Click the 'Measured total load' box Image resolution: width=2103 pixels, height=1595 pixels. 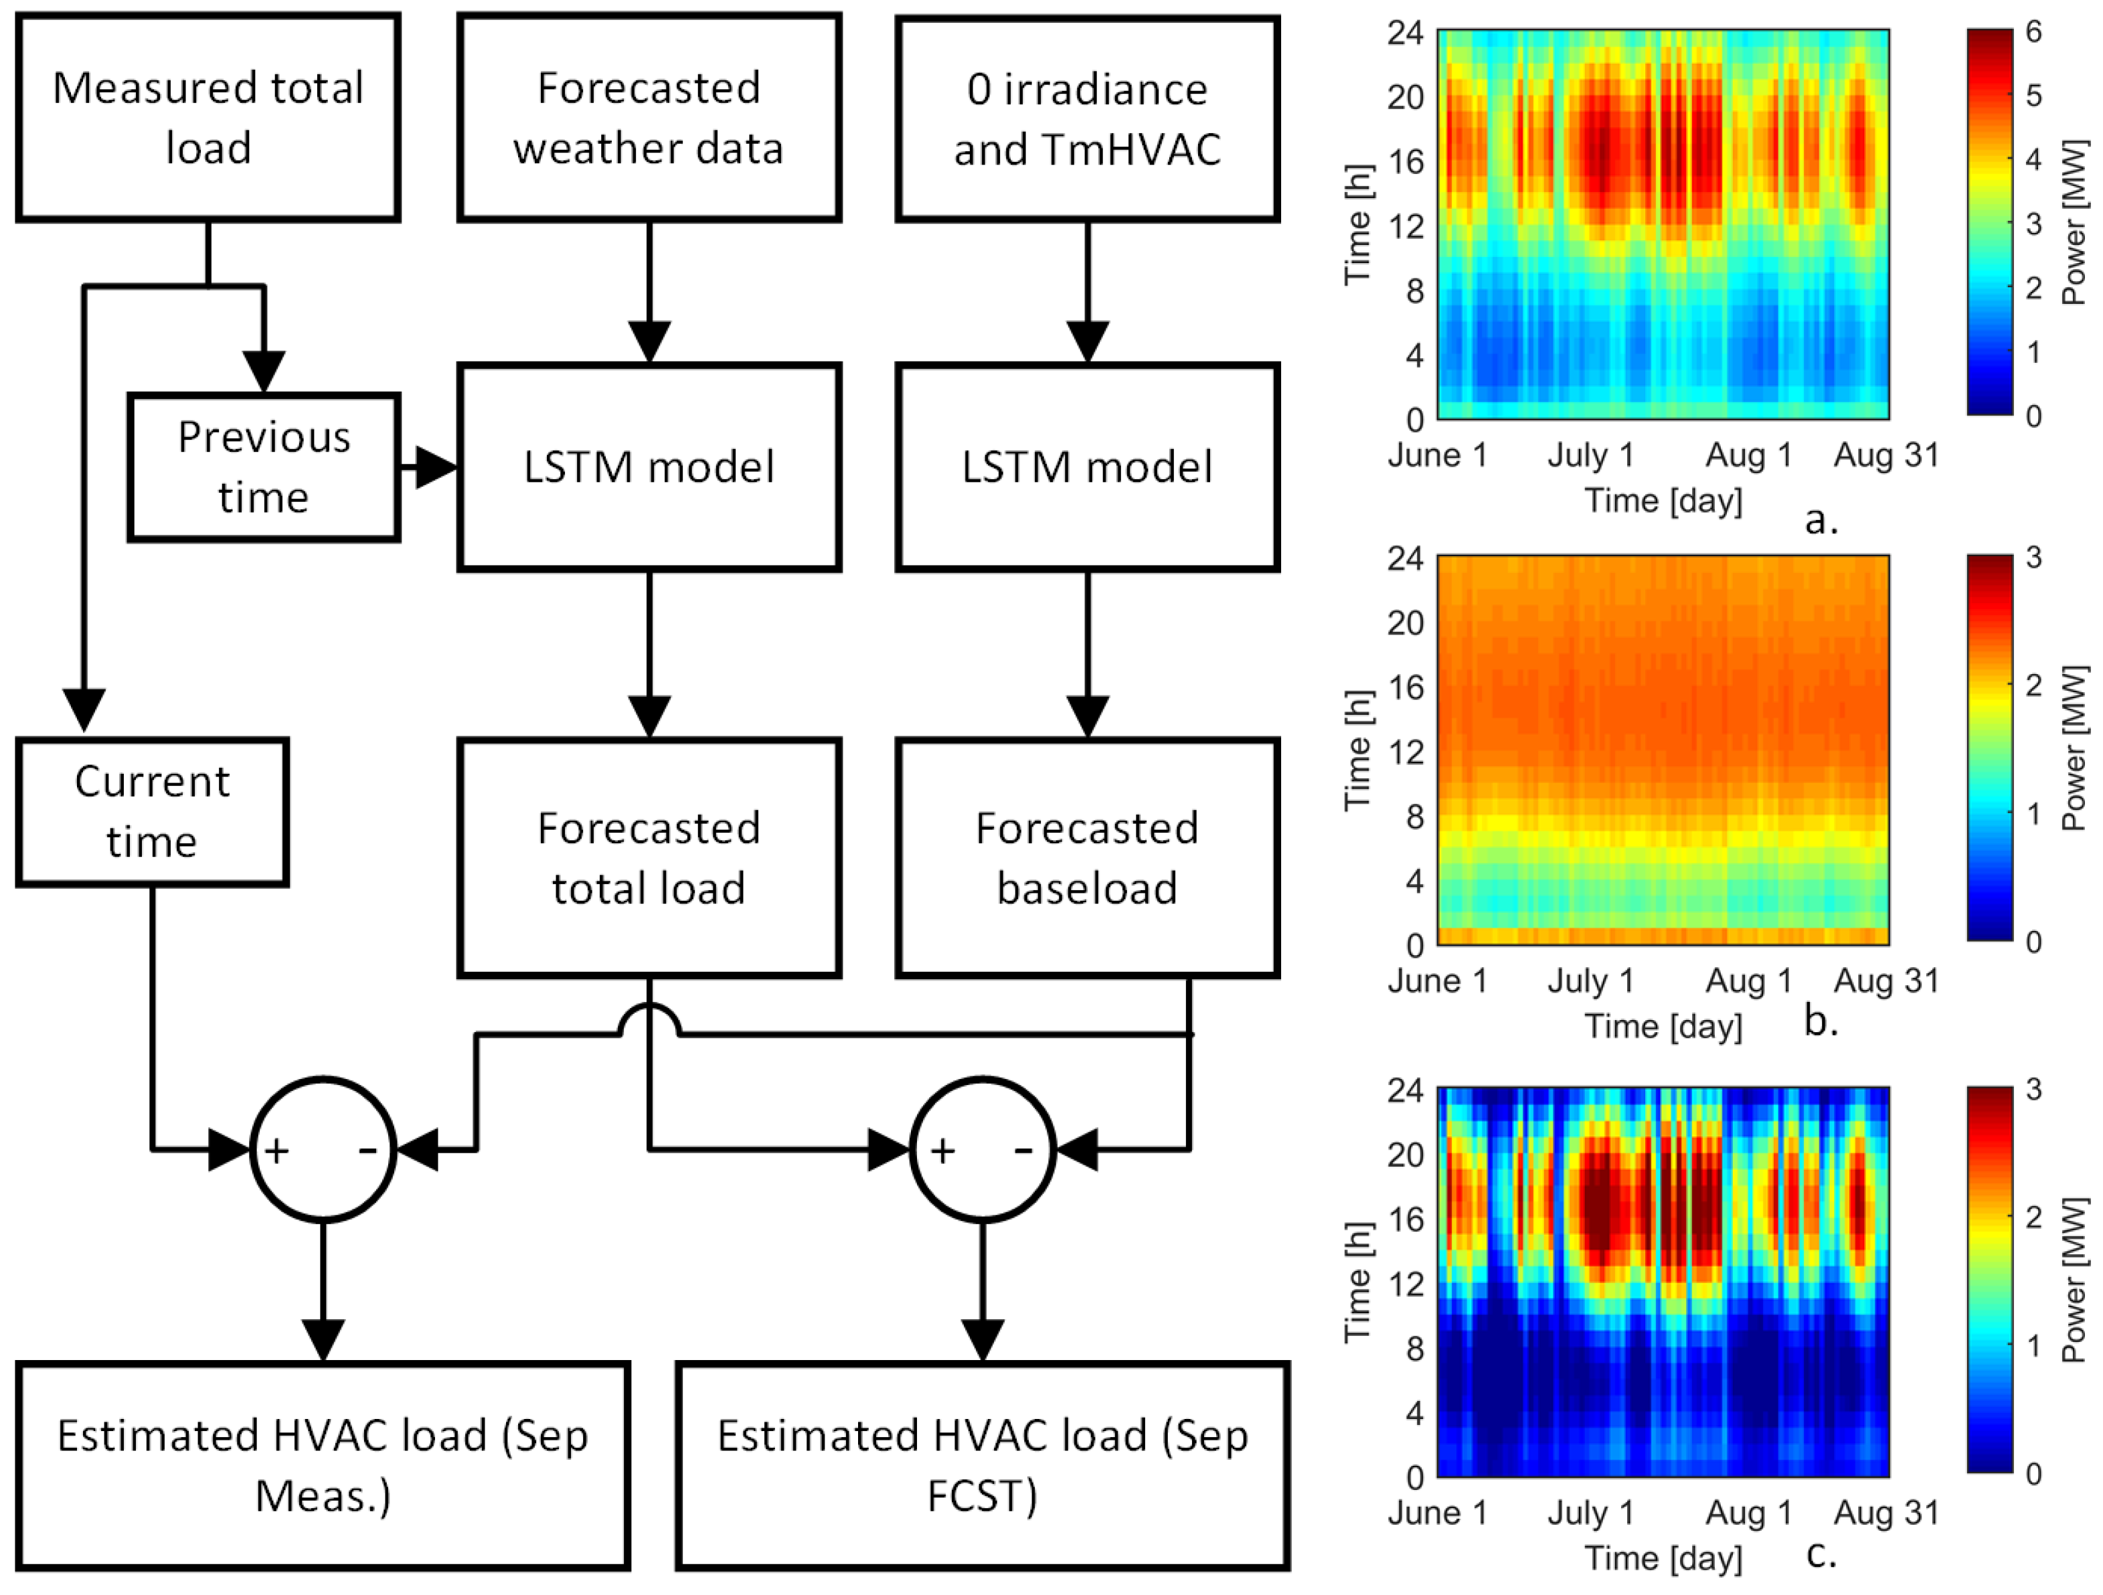pos(207,118)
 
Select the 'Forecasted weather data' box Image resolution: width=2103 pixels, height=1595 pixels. pos(649,118)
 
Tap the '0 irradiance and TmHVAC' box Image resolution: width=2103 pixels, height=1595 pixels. pos(1087,118)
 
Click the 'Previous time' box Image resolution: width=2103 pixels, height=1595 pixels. pos(263,467)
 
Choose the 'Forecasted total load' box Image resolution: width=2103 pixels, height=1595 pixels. pos(649,857)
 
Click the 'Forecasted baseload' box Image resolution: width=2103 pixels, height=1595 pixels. pos(1087,857)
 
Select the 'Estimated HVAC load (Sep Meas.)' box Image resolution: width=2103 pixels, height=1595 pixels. pos(323,1464)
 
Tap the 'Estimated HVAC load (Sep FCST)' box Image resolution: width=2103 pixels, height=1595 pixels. pos(982,1464)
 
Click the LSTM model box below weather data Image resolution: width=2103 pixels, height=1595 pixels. pos(649,467)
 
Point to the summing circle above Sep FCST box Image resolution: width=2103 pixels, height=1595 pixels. pos(982,1149)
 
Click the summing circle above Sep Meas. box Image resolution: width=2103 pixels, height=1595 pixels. pos(323,1149)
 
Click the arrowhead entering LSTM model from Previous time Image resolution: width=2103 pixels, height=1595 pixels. pos(436,467)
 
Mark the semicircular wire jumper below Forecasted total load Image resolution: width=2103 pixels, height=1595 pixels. pos(649,1019)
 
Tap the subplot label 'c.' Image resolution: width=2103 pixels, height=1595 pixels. pos(1821,1554)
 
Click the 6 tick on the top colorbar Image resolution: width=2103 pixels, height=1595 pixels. pos(2033,32)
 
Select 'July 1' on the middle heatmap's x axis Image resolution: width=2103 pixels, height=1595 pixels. pos(1590,980)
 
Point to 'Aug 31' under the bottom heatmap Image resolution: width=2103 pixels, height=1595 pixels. pos(1886,1512)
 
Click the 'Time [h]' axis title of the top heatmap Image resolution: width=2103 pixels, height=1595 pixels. pos(1357,226)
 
